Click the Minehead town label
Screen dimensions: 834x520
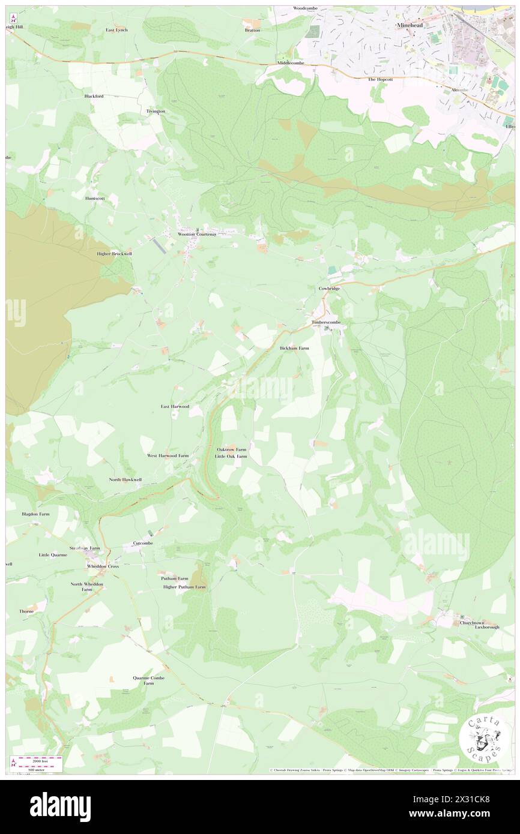pyautogui.click(x=411, y=26)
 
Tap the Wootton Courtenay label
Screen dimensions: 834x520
pyautogui.click(x=196, y=235)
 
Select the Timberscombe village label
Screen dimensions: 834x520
pyautogui.click(x=327, y=322)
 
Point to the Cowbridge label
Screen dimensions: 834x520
pyautogui.click(x=329, y=289)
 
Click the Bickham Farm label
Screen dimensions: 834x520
pyautogui.click(x=294, y=348)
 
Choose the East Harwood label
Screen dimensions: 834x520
pyautogui.click(x=175, y=406)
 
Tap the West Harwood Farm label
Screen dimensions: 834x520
pyautogui.click(x=168, y=455)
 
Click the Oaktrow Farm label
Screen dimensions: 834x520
pyautogui.click(x=231, y=449)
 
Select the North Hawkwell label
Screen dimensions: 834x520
pyautogui.click(x=125, y=479)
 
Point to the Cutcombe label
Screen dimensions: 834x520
pyautogui.click(x=142, y=543)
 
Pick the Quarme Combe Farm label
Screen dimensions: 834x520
pyautogui.click(x=148, y=680)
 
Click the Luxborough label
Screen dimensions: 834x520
pyautogui.click(x=487, y=627)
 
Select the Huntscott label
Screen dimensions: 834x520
pyautogui.click(x=95, y=198)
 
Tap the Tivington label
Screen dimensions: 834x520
pyautogui.click(x=156, y=112)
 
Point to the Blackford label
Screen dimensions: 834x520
pyautogui.click(x=94, y=96)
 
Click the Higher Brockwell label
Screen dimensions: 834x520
pyautogui.click(x=114, y=254)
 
